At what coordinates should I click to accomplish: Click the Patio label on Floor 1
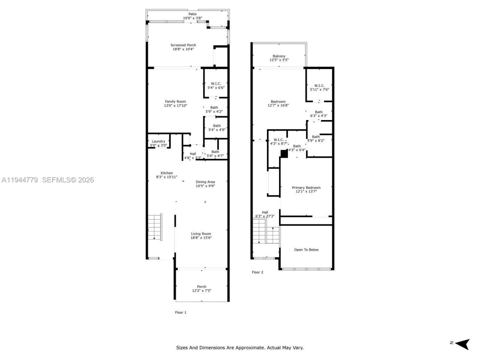click(192, 14)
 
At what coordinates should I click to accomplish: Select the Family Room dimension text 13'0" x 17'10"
click(175, 106)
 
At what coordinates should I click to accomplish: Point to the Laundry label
click(158, 141)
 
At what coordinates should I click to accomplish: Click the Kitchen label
click(167, 173)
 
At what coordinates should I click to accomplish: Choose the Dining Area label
click(205, 182)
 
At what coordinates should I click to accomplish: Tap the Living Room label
click(201, 234)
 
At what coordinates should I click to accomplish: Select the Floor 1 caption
click(181, 312)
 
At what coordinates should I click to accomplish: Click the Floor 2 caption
click(257, 272)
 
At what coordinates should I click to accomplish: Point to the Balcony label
click(279, 56)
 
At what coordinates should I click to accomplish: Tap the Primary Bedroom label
click(306, 187)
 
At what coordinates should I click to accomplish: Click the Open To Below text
click(306, 250)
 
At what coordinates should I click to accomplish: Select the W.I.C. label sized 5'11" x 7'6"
click(319, 87)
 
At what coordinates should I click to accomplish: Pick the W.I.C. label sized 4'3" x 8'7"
click(279, 141)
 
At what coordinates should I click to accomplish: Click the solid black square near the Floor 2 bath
click(284, 153)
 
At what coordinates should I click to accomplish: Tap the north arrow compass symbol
click(464, 343)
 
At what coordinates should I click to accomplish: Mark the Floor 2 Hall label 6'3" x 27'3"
click(265, 214)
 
